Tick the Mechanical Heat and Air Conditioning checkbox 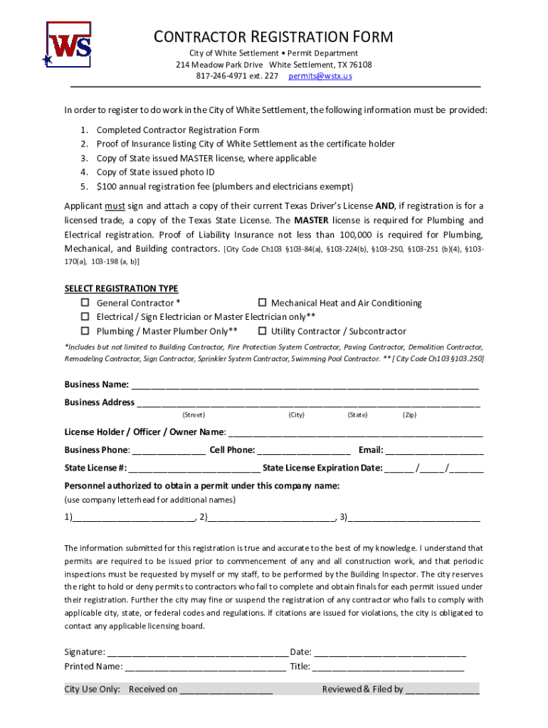(262, 304)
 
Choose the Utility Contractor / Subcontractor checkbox (262, 331)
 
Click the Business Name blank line (305, 386)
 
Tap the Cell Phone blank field (303, 451)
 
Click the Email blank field (434, 451)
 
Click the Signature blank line (198, 653)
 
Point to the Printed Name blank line (205, 668)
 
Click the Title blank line (388, 668)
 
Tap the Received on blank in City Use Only (226, 690)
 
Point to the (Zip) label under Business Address (409, 415)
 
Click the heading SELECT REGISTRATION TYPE (121, 289)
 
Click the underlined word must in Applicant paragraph (115, 206)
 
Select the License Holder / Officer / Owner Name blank (355, 433)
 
